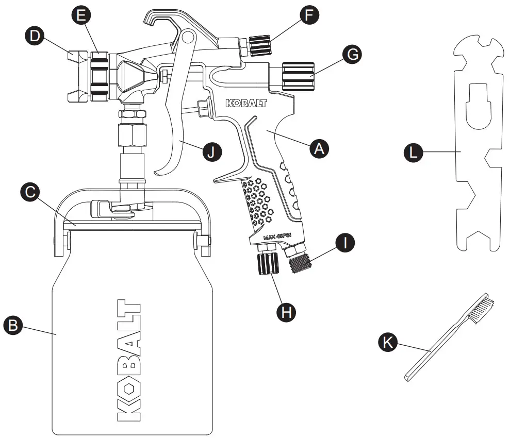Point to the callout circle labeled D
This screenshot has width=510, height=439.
[x=34, y=37]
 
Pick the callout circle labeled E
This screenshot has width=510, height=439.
[x=81, y=16]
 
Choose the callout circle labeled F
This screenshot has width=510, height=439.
[x=309, y=15]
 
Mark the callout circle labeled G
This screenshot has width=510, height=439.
[x=352, y=55]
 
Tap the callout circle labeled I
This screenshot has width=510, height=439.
[x=344, y=243]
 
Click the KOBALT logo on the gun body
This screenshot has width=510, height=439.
[x=246, y=103]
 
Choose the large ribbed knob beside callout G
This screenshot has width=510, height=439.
[x=297, y=76]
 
